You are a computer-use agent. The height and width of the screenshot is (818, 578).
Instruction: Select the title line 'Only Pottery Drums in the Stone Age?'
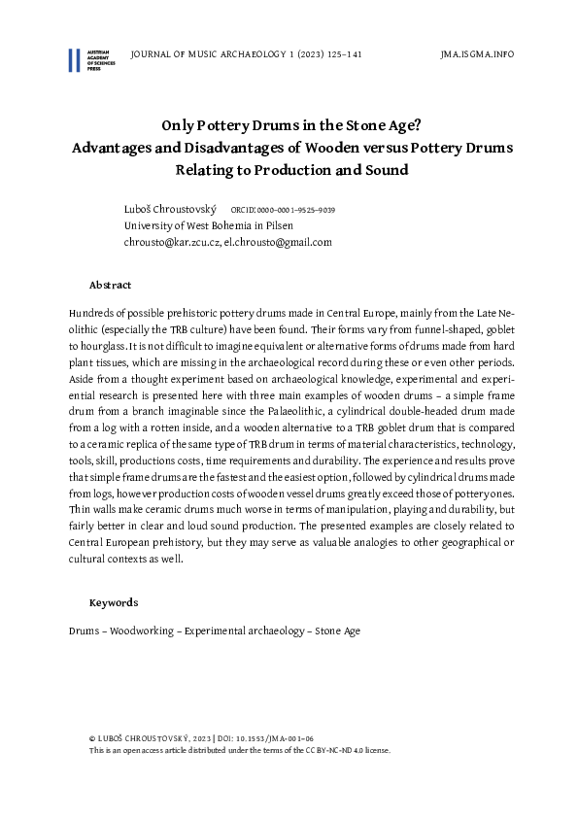[289, 125]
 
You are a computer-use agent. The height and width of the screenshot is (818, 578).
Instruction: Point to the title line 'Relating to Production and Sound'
[289, 170]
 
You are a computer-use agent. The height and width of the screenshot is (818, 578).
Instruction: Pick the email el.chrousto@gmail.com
[279, 242]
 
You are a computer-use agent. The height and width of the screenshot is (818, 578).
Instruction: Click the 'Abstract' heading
[110, 285]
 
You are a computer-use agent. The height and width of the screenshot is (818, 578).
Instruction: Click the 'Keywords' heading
[113, 602]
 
